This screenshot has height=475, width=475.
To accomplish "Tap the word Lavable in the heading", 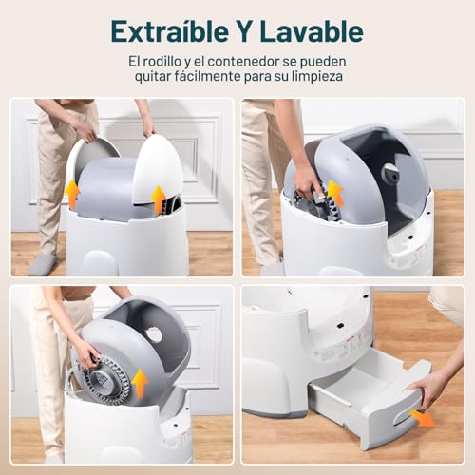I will coord(313,30).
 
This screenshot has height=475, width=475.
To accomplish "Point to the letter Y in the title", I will coord(241,30).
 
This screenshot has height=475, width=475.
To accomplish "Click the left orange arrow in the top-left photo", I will coord(72,194).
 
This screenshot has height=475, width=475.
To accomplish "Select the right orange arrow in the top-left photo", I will coord(160,199).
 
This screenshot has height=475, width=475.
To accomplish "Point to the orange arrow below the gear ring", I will coord(141,383).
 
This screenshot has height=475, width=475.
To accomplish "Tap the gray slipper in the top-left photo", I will coord(43,263).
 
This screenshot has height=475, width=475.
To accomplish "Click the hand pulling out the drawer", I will coord(432,387).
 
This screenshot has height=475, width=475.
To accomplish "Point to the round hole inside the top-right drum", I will coord(389,175).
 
